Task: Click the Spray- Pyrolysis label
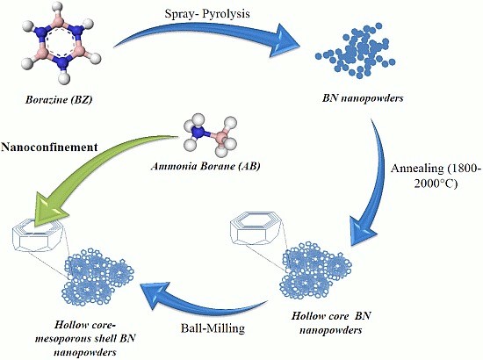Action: pos(207,14)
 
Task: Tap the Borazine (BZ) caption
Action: pos(59,100)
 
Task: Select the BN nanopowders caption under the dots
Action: pos(363,98)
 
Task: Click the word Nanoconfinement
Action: pos(49,147)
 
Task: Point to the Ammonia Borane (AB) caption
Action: pos(205,166)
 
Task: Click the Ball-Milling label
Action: pos(213,328)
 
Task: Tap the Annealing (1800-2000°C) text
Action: pos(436,176)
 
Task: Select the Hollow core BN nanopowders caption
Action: pos(331,323)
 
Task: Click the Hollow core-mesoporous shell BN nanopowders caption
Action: pos(85,338)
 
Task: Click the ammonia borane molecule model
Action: pos(211,134)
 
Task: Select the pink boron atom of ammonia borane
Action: pos(220,136)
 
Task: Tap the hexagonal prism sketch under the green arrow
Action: pos(39,236)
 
